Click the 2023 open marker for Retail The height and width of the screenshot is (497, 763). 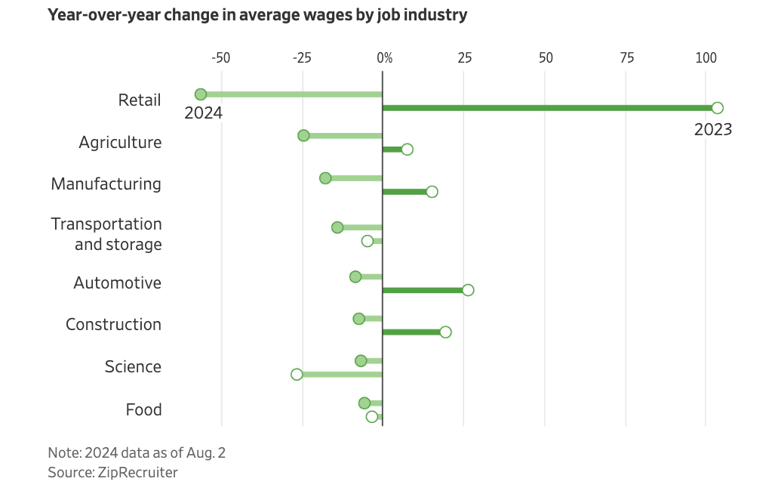(717, 108)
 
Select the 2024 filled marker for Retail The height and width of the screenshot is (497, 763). (201, 94)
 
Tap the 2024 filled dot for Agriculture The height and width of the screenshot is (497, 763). (303, 136)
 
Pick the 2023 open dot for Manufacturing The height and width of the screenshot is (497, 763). (432, 192)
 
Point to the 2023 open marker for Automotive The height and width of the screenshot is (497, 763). (468, 290)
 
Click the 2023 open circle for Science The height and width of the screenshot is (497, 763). (297, 375)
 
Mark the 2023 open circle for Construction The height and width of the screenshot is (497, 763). (445, 332)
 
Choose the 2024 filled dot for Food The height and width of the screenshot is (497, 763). (365, 403)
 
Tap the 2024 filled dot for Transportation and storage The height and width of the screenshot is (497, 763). (337, 227)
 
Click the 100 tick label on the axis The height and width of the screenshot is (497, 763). (706, 57)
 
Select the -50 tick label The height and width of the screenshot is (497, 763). (220, 57)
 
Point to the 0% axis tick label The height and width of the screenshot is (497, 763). (384, 57)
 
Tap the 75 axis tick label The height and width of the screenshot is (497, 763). (626, 57)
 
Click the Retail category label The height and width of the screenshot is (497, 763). (140, 100)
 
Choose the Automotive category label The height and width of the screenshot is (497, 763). (118, 283)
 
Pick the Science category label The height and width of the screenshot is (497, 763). (133, 367)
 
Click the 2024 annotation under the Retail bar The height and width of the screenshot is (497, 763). (204, 113)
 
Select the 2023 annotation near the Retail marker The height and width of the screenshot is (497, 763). (713, 130)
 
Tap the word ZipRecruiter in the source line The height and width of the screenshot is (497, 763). (137, 473)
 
